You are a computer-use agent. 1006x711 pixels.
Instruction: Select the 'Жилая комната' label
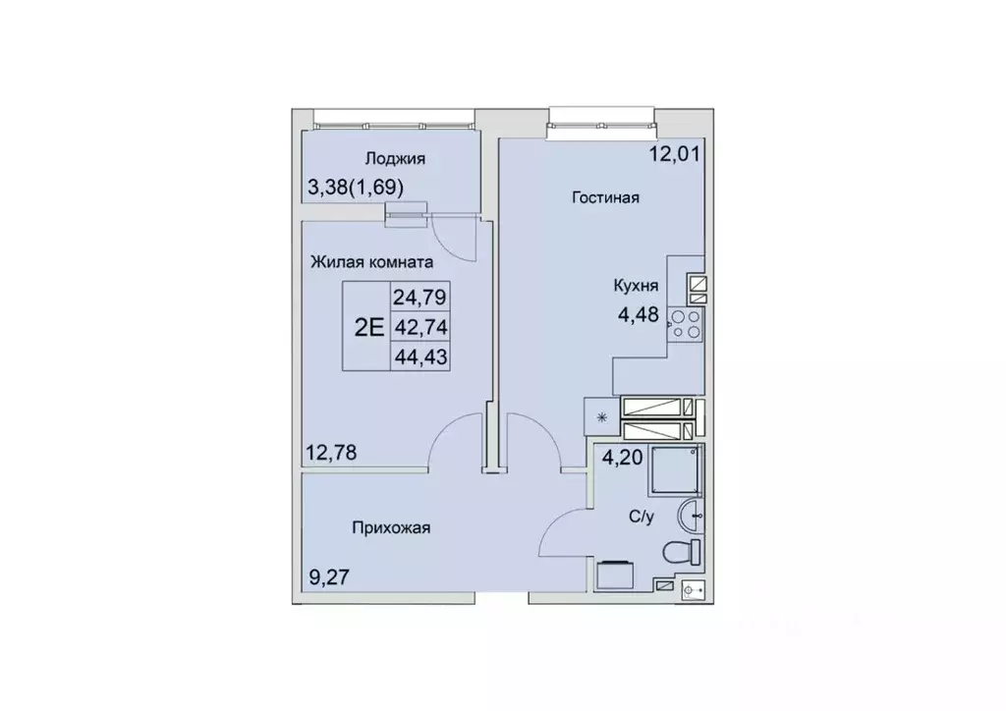[x=372, y=262]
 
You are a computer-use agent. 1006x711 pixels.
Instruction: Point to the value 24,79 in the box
[x=419, y=296]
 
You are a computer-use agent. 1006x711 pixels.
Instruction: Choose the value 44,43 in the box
[x=419, y=357]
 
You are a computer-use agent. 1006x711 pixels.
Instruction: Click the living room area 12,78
[x=330, y=453]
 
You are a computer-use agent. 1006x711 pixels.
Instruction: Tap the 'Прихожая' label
[x=392, y=528]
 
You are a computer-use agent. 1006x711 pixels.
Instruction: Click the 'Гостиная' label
[x=606, y=197]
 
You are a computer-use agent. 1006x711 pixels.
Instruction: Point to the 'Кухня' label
[x=636, y=286]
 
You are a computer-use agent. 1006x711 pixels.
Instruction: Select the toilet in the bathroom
[x=681, y=552]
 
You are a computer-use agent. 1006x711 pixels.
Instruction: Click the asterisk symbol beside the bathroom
[x=602, y=416]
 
